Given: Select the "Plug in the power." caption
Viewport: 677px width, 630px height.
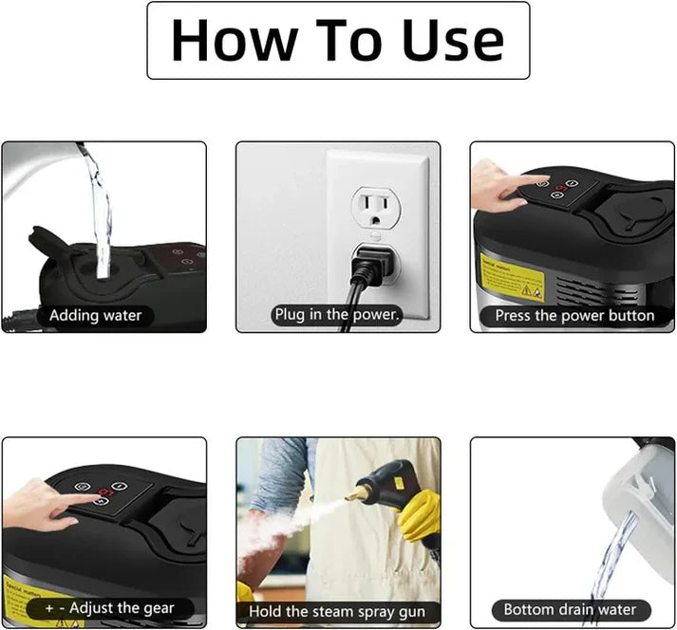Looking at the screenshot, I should [x=337, y=314].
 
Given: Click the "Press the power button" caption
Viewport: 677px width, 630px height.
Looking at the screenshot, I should [x=574, y=315].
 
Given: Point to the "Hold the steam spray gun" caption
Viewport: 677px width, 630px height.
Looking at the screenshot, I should [x=337, y=612].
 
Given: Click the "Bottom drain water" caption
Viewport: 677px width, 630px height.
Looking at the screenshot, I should [x=570, y=609].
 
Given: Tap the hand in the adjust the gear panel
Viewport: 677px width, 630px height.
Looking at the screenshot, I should [x=38, y=503].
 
